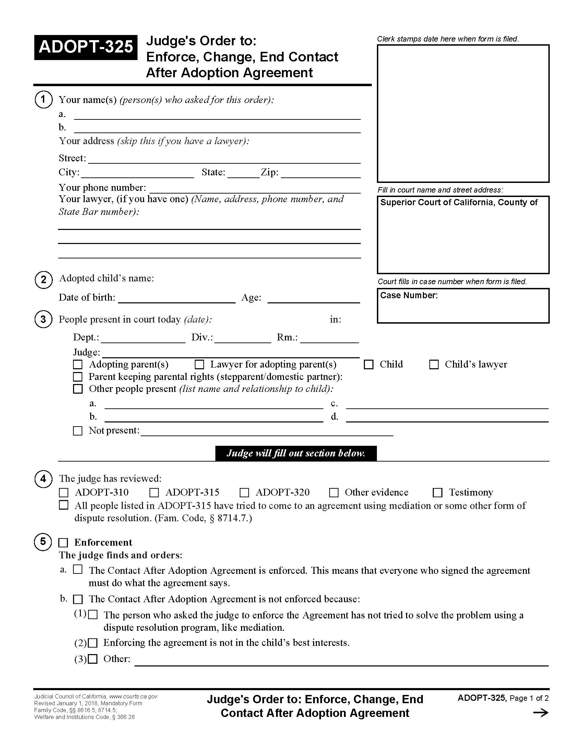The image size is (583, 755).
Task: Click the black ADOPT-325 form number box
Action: click(86, 47)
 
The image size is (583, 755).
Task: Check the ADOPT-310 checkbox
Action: click(63, 492)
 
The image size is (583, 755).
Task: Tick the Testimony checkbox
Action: click(438, 492)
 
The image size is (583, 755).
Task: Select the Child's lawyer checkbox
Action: click(434, 364)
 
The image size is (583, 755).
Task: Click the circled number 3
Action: click(43, 319)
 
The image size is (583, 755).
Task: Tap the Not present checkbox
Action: click(78, 431)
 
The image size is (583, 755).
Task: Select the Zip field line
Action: click(321, 174)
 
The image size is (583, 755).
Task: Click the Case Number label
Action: click(409, 295)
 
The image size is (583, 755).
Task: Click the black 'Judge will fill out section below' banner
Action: click(296, 453)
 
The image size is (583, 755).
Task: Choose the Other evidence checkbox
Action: click(334, 492)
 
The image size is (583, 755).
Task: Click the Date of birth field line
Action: click(177, 299)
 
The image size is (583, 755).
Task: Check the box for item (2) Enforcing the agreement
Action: click(93, 643)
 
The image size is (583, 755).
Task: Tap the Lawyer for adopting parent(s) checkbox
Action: click(199, 364)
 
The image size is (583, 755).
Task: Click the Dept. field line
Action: click(143, 338)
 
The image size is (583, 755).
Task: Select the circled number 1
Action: click(43, 100)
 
